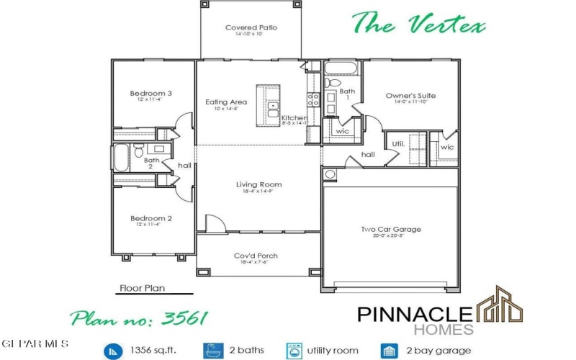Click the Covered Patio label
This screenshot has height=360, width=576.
251,28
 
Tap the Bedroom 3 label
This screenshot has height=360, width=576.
150,94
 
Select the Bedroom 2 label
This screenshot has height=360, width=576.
150,218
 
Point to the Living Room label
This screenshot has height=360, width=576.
258,185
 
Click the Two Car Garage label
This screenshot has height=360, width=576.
390,230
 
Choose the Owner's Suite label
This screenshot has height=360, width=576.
410,96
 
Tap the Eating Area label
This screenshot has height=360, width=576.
226,102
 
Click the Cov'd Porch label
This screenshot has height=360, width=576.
256,256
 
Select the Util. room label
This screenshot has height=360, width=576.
397,143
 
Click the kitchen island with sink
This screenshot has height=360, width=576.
272,107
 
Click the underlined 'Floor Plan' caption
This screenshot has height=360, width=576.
141,288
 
